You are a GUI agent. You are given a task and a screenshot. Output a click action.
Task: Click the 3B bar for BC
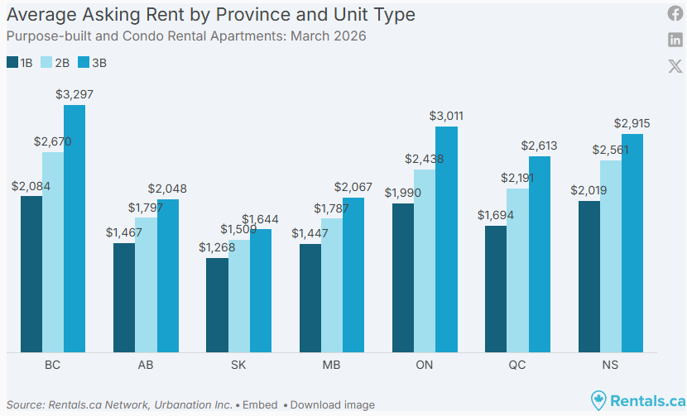(x=74, y=228)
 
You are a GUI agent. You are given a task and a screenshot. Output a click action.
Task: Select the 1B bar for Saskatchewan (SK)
(x=217, y=305)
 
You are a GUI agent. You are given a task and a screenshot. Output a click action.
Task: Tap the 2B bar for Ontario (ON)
(x=425, y=261)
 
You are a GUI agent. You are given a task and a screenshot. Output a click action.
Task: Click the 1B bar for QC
(x=496, y=289)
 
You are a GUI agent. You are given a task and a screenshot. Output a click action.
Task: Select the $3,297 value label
(x=74, y=94)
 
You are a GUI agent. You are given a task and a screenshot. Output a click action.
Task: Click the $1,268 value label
(x=217, y=247)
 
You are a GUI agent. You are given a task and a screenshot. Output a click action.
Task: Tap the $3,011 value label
(x=446, y=116)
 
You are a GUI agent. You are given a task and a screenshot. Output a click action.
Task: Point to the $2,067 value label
(x=353, y=188)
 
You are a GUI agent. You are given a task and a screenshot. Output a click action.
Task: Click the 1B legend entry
(x=20, y=63)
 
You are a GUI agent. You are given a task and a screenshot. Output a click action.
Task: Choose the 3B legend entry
(x=92, y=63)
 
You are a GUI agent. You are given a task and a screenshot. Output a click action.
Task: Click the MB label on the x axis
(x=331, y=365)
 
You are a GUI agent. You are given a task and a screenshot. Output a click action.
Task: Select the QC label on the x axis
(x=516, y=365)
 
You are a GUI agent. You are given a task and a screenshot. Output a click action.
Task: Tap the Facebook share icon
(x=675, y=14)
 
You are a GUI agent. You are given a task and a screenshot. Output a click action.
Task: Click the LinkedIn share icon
(x=675, y=41)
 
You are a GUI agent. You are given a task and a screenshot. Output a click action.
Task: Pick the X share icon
(x=675, y=66)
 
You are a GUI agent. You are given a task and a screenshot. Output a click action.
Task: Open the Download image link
(x=332, y=405)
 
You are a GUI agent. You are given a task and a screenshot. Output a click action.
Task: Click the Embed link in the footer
(x=260, y=405)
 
